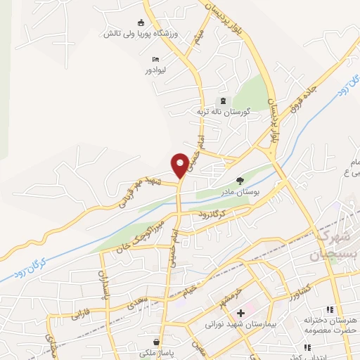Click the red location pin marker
(181, 165)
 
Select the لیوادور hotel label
(155, 71)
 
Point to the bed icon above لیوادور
(155, 60)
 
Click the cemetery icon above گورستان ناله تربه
(224, 101)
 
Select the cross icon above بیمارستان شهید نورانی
(241, 312)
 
